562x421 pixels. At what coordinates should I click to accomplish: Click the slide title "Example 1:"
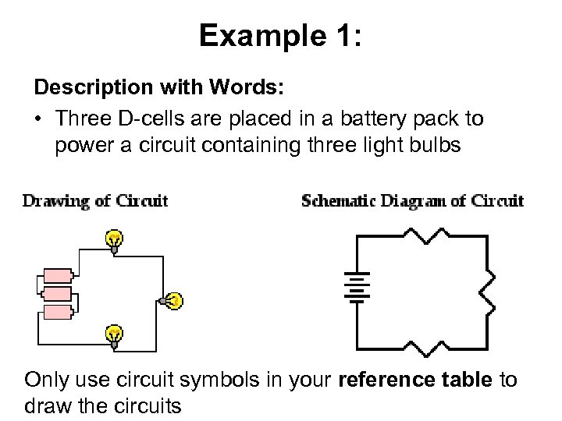[280, 35]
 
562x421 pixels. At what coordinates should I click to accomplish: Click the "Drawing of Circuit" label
[95, 201]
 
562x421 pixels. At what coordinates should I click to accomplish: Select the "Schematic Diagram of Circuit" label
[412, 201]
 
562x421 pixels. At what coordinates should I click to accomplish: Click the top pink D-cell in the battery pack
[57, 275]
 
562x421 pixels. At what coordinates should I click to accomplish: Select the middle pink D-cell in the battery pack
[57, 294]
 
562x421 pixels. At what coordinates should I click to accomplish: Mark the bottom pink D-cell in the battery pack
[57, 313]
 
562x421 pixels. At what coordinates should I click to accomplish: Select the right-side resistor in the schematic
[488, 290]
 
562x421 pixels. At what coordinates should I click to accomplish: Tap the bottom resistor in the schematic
[421, 347]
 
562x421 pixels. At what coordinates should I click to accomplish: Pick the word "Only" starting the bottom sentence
[48, 380]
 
